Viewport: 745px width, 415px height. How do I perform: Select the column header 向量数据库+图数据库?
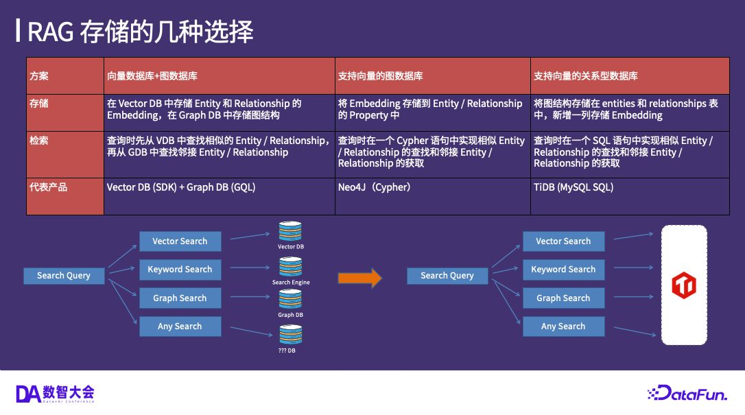[x=152, y=76]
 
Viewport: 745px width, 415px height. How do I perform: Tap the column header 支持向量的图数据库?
[x=380, y=76]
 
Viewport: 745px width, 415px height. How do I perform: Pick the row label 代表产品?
[x=48, y=187]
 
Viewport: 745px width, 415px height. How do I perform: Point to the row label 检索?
[x=38, y=141]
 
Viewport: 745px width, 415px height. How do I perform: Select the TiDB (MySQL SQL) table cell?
[x=573, y=187]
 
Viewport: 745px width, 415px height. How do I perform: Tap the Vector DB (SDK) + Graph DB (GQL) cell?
[x=181, y=187]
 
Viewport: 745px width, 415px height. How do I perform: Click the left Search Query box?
[x=64, y=276]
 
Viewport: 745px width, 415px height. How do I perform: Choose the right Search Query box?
[x=447, y=276]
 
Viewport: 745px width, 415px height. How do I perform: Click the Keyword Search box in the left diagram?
[x=180, y=270]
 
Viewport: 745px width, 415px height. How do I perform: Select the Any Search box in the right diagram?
[x=563, y=327]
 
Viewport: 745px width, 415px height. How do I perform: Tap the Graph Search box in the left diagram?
[x=180, y=298]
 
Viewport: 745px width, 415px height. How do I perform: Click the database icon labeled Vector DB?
[x=290, y=231]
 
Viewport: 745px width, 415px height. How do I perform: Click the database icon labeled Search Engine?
[x=290, y=267]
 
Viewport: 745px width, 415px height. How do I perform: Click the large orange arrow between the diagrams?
[x=359, y=278]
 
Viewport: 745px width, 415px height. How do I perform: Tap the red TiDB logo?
[x=683, y=285]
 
